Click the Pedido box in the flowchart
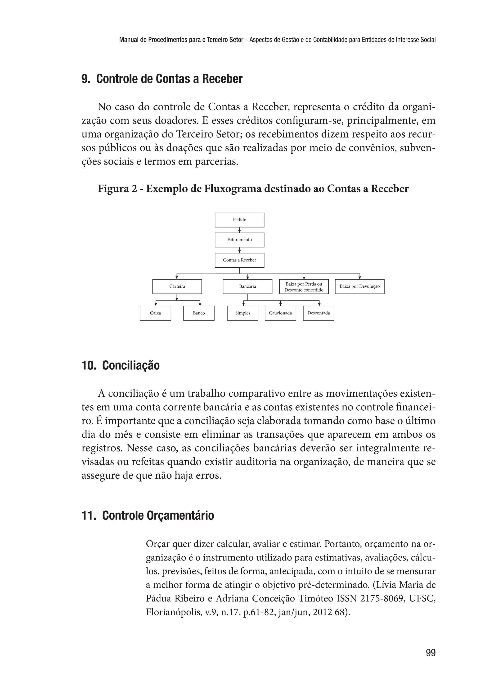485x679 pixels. (x=239, y=220)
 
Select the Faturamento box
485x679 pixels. (x=239, y=240)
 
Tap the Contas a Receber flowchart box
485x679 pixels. (x=239, y=260)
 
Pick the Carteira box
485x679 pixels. (x=177, y=286)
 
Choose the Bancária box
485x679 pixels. (x=247, y=286)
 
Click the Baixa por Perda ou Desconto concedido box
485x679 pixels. (x=304, y=287)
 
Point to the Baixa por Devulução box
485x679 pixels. (x=359, y=286)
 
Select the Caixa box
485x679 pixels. (x=155, y=313)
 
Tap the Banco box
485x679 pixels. (x=199, y=313)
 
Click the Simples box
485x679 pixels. (x=242, y=313)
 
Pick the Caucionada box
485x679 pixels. (x=280, y=313)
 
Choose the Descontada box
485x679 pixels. (x=319, y=313)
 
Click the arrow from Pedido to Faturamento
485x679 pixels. (x=239, y=230)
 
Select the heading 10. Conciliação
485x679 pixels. (x=121, y=365)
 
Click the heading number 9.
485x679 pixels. (x=85, y=79)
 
